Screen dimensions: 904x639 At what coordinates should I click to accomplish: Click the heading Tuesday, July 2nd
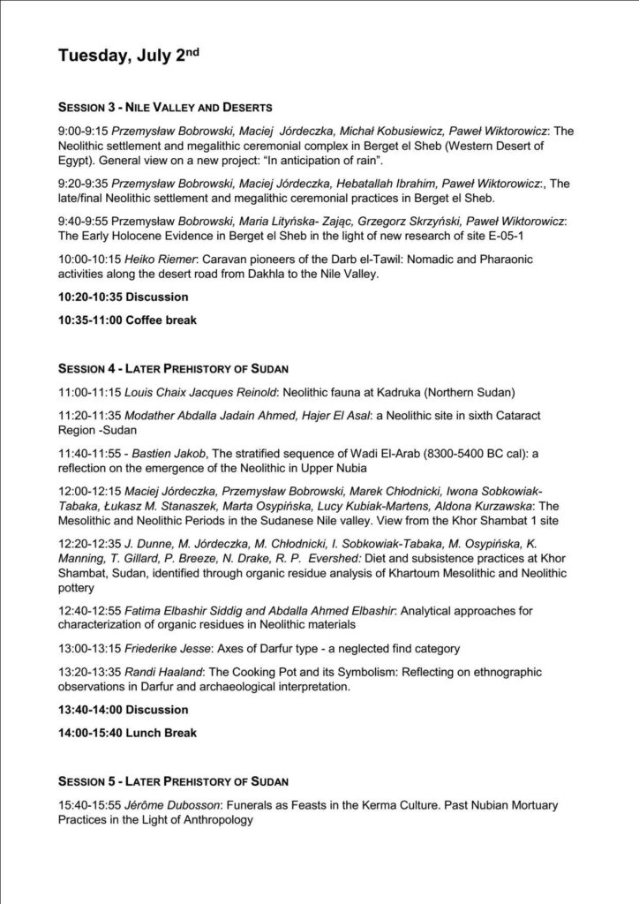point(129,56)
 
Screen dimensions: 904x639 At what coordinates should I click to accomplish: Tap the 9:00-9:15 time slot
point(78,131)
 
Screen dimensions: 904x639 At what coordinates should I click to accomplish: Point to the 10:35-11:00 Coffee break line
point(127,320)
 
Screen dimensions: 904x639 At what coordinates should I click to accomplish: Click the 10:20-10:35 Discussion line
point(123,298)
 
